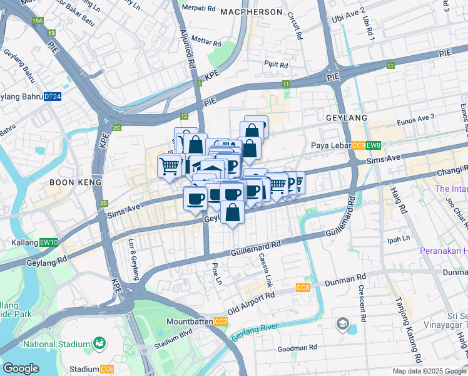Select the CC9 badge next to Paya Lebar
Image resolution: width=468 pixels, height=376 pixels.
[x=358, y=146]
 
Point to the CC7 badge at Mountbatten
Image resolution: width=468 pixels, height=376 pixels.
[x=221, y=321]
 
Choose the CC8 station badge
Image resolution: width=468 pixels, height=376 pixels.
[x=302, y=288]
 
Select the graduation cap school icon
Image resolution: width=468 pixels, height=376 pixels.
[x=342, y=324]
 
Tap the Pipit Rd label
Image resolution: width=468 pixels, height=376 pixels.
[x=275, y=63]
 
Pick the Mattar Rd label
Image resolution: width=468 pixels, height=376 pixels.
[x=206, y=44]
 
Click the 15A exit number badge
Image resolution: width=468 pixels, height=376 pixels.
[x=37, y=21]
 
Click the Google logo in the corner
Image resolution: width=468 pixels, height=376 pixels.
[x=21, y=368]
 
